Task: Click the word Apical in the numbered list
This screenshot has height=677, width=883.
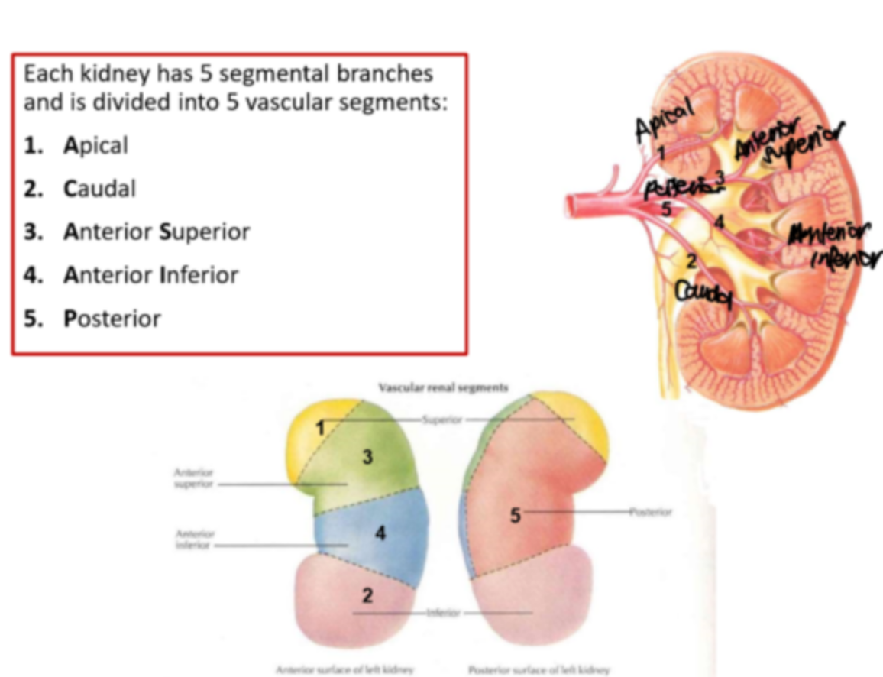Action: point(95,145)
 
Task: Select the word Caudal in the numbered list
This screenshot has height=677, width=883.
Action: point(99,189)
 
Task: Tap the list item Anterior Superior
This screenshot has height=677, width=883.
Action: point(156,232)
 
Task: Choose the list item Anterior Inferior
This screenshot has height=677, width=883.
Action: point(150,275)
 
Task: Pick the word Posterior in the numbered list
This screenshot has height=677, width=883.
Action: point(112,319)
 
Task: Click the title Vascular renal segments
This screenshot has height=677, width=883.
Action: point(443,387)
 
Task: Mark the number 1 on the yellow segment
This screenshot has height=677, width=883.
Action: point(322,429)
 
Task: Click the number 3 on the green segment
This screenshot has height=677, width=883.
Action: point(367,458)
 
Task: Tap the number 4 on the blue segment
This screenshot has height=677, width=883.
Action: point(380,534)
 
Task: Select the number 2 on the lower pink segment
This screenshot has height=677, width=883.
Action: point(367,596)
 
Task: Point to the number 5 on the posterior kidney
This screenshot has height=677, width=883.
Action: point(516,517)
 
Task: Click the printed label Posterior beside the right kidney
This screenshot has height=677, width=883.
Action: point(650,511)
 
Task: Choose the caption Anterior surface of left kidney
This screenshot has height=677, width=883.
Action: point(344,669)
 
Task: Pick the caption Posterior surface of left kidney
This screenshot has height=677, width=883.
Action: point(539,669)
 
